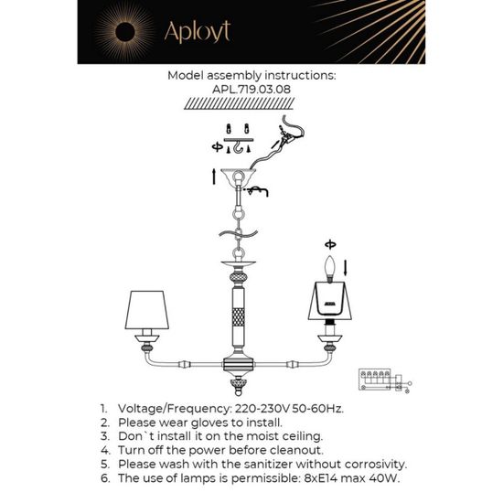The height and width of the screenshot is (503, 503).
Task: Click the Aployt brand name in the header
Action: [196, 32]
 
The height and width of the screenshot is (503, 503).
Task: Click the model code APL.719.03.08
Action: [251, 91]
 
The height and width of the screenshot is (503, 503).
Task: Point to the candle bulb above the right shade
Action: [330, 268]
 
